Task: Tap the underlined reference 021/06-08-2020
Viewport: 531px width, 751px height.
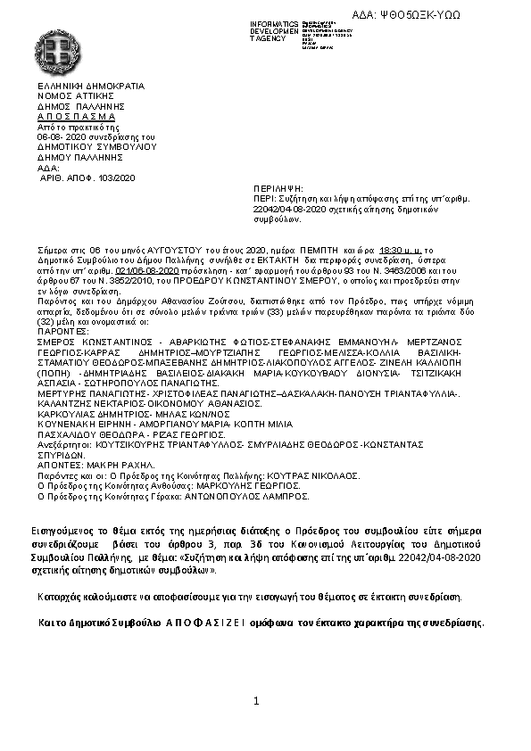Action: (x=148, y=269)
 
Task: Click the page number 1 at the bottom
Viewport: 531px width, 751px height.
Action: (x=255, y=702)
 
